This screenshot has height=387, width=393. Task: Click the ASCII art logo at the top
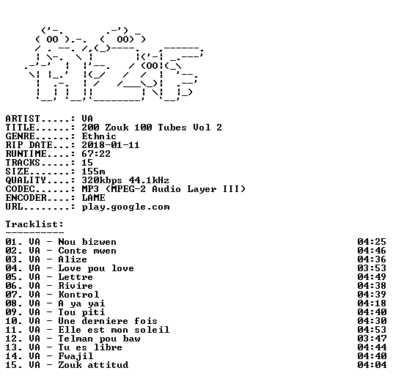114,64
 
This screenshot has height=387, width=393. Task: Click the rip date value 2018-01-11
111,145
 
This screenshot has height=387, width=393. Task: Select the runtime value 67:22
96,154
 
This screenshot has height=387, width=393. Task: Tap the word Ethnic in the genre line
99,136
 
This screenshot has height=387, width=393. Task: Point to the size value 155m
93,172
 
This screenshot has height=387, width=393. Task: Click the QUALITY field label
26,180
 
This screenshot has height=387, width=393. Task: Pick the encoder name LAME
93,198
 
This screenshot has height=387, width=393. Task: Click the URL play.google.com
125,207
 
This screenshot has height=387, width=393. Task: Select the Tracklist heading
34,224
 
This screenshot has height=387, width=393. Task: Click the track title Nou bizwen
87,242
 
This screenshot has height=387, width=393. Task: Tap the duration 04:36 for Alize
372,259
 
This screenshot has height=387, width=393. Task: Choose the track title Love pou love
96,268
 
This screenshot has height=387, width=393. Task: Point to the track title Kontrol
78,295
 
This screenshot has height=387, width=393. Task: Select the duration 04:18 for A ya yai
372,303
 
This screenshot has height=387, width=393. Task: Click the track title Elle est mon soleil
114,330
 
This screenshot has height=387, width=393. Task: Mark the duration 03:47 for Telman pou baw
372,339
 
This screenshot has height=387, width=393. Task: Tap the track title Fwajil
76,356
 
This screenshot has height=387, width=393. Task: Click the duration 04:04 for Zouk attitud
372,365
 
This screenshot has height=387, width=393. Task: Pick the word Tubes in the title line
172,128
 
